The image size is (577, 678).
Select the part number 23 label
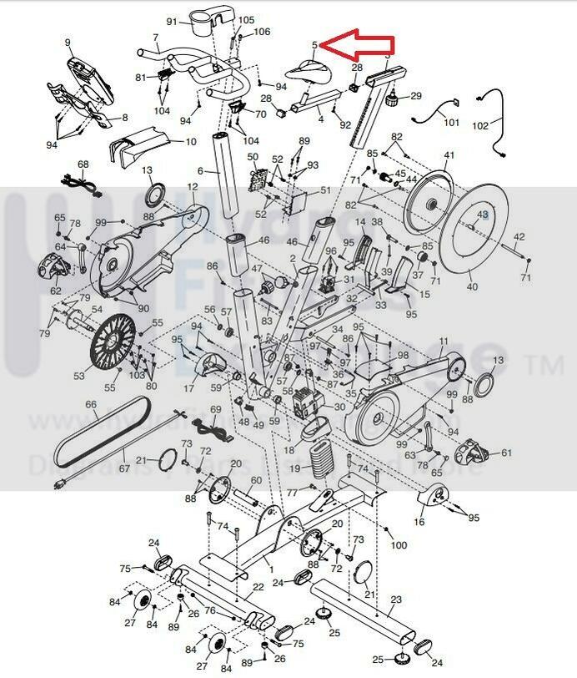[x=396, y=600]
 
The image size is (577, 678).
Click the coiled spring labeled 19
[x=320, y=458]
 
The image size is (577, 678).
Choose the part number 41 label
[x=449, y=156]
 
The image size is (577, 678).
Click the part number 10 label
[x=190, y=142]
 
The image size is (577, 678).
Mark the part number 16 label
[x=419, y=521]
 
